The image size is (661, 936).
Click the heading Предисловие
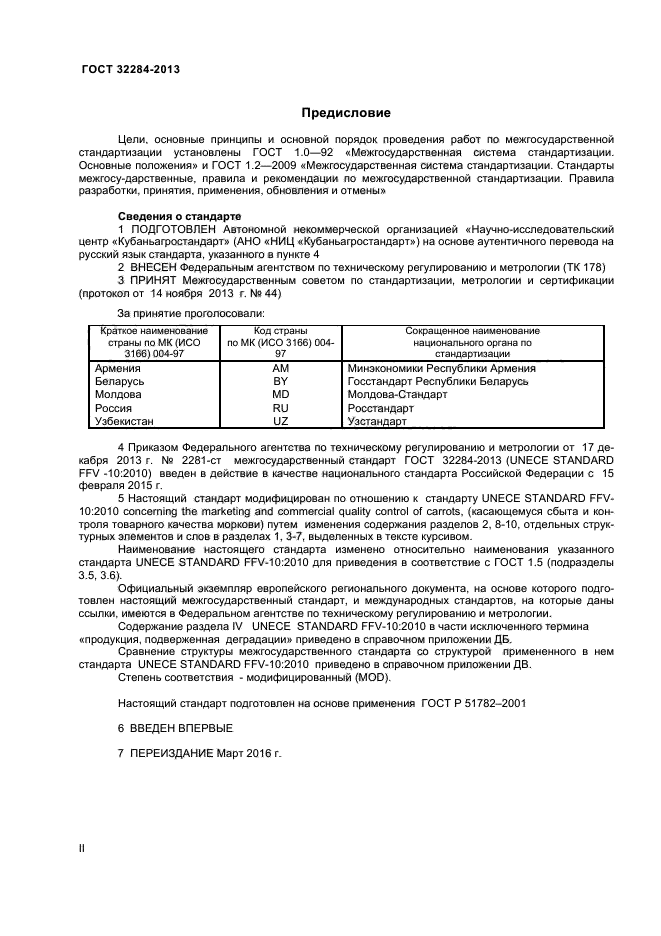346,113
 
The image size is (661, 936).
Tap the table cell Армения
116,368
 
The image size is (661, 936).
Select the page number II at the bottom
83,848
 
